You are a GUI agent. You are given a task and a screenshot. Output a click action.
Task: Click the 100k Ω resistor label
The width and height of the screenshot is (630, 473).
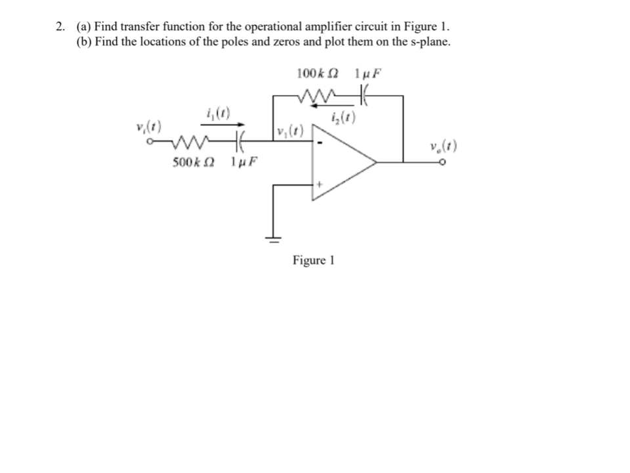tap(318, 73)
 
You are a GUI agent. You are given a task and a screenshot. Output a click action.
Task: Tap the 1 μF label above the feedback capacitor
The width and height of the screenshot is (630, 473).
tap(367, 73)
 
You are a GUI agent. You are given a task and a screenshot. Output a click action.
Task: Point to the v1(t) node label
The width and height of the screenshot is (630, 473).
tap(290, 129)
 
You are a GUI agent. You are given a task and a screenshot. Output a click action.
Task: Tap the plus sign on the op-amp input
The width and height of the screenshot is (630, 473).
tap(320, 185)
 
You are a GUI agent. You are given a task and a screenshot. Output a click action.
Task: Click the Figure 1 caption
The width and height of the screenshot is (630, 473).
tap(314, 260)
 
